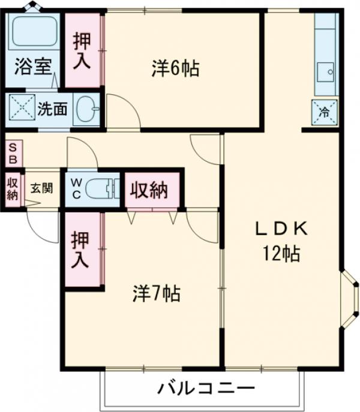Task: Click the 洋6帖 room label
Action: (x=175, y=70)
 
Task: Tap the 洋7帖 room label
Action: (x=156, y=293)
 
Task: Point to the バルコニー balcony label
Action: (x=205, y=389)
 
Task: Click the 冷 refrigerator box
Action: (x=323, y=111)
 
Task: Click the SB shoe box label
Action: (x=13, y=154)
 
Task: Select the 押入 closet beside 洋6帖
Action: (x=83, y=50)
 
